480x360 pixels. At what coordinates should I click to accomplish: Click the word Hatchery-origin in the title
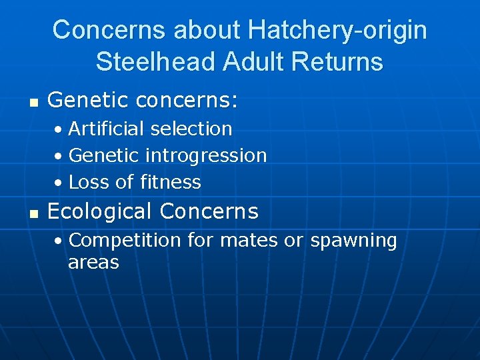[x=337, y=30]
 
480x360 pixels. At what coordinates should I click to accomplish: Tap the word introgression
[x=206, y=156]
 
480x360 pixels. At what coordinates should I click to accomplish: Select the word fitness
[x=171, y=182]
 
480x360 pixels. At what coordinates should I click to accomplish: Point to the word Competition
[x=125, y=240]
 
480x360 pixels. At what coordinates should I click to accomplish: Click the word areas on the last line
[x=93, y=263]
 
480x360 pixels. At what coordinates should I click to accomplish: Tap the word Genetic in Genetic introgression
[x=104, y=156]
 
